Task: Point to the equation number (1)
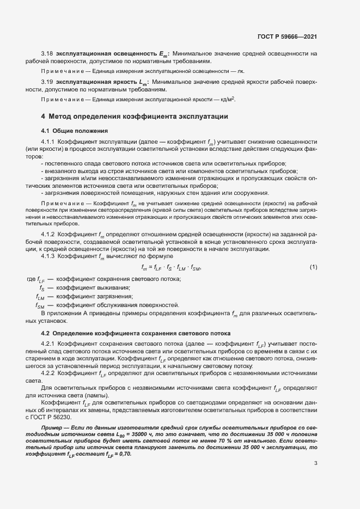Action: (313, 266)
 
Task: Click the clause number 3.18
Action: (47, 53)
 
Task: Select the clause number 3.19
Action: (47, 82)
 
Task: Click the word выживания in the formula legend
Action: (112, 287)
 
